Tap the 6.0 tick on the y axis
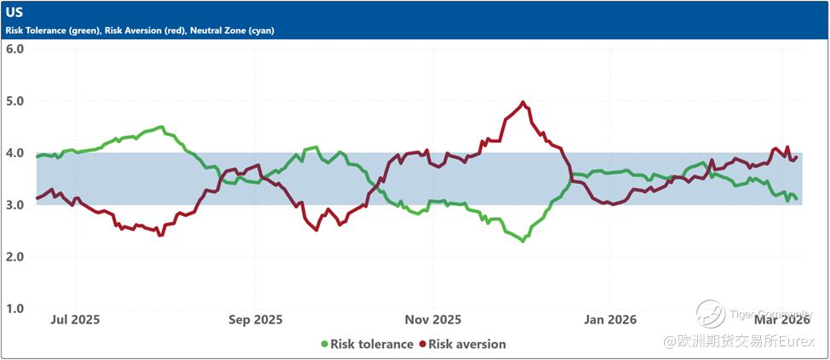14,49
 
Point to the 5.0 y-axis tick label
14,100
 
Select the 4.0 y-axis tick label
14,153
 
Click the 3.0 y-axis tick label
14,205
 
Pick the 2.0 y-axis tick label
14,257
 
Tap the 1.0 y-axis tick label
14,309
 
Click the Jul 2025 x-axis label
76,320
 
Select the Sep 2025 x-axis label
256,320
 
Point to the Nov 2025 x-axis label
432,320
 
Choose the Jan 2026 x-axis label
610,320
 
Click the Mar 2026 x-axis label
781,320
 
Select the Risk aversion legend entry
467,345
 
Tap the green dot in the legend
324,345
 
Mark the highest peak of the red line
523,103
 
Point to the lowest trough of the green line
523,241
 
